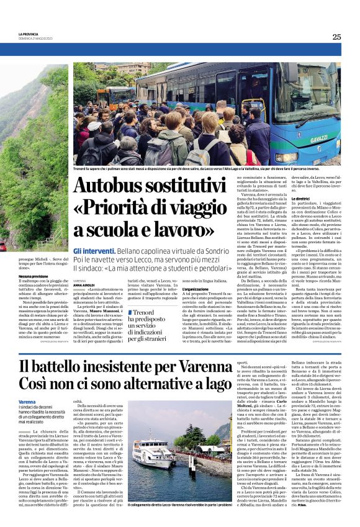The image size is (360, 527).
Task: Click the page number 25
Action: coord(336,37)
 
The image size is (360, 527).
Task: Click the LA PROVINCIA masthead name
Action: coord(29,34)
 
